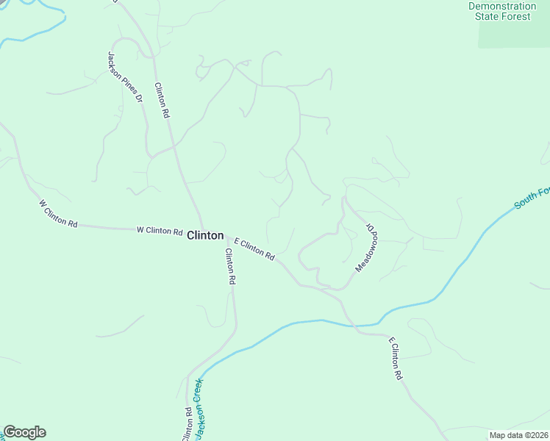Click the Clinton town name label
(x=205, y=235)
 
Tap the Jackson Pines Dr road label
(x=124, y=76)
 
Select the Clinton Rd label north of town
(x=162, y=100)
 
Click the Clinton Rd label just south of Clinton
(x=230, y=266)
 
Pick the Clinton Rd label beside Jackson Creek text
(x=187, y=424)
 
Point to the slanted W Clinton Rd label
(x=58, y=212)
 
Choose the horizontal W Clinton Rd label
(x=160, y=231)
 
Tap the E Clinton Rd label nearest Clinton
(x=254, y=249)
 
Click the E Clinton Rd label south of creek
(x=396, y=358)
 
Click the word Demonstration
(x=502, y=6)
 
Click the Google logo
(x=24, y=432)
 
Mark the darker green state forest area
(x=515, y=33)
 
